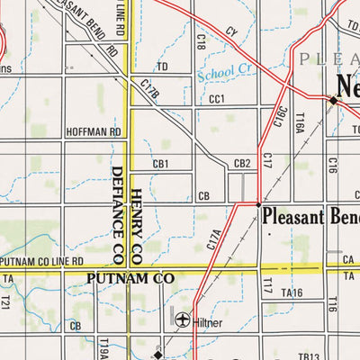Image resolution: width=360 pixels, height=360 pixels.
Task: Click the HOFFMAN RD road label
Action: point(94,131)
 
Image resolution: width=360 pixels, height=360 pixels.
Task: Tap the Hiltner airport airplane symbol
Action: point(184,319)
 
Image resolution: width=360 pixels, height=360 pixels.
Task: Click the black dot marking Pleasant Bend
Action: point(259,205)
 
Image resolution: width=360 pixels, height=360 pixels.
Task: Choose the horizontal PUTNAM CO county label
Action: point(130,280)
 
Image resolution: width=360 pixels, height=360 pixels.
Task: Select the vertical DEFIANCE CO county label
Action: point(117,216)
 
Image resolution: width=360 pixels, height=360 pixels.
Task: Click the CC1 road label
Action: point(216,99)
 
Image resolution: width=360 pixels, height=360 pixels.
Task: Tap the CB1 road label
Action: point(160,164)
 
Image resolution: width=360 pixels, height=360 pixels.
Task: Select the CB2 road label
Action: point(241,164)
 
